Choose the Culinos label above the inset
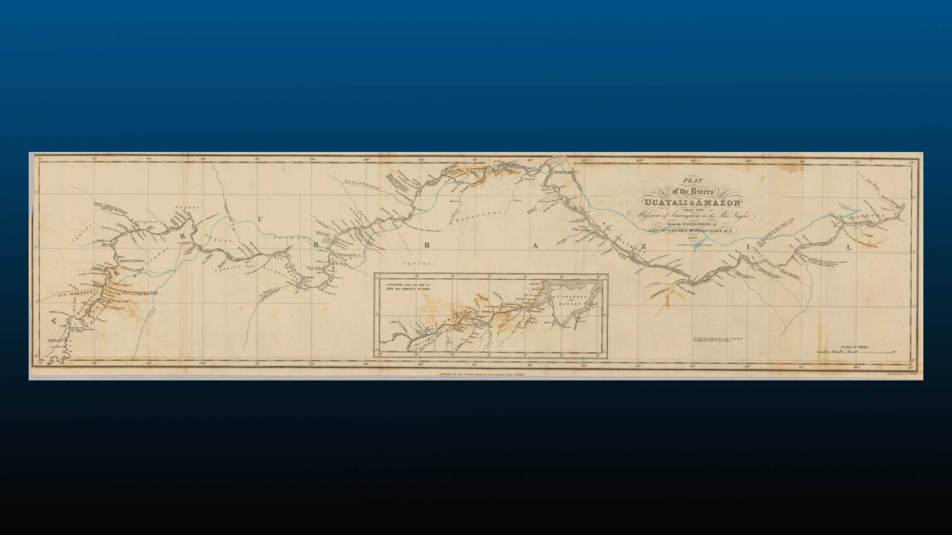(419, 264)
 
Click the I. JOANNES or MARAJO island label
(568, 301)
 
